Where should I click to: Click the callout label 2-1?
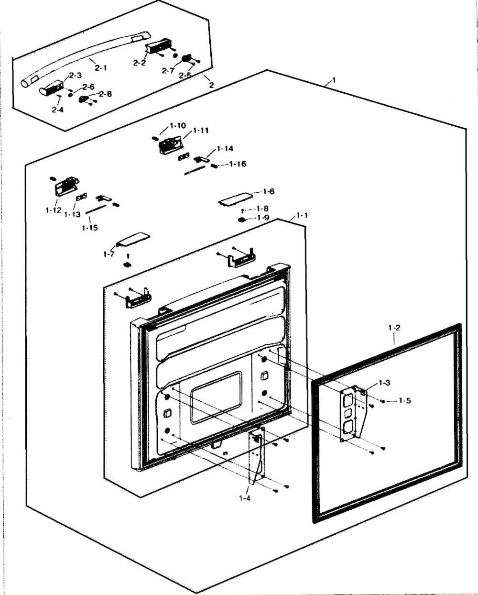100,68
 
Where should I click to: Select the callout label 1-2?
394,328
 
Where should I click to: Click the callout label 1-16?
238,164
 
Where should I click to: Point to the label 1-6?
269,191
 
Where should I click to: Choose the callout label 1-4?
245,498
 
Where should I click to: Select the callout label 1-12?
54,210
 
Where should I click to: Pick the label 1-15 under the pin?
89,228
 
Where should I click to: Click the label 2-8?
105,94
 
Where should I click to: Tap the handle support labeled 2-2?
155,48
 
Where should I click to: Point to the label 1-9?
263,218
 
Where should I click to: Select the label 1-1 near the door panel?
302,216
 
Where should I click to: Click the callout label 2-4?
57,110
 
